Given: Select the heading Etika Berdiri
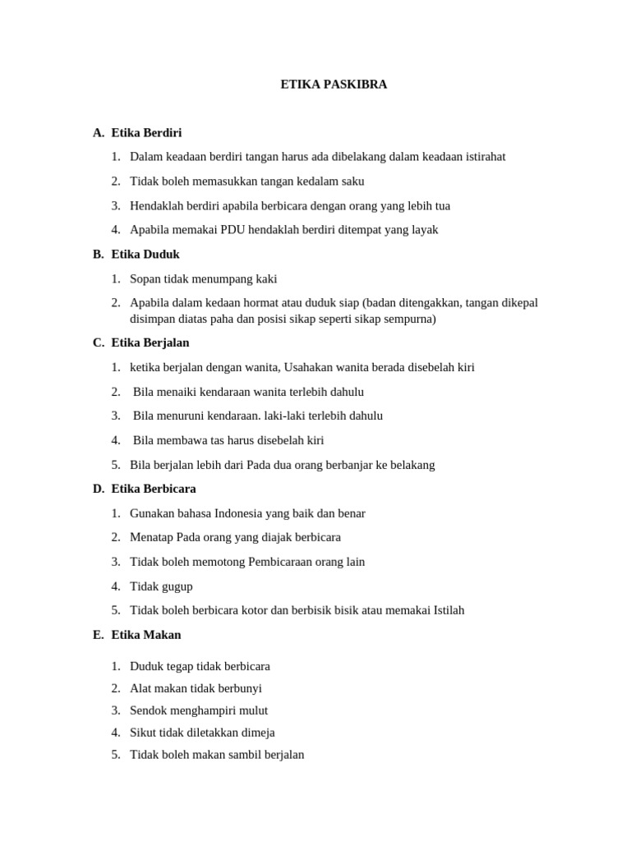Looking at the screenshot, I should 146,132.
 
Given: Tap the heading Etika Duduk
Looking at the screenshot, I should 145,254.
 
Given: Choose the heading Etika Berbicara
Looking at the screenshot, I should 154,489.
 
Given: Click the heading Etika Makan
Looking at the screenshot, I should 146,635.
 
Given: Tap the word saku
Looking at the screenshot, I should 352,182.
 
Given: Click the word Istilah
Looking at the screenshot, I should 443,610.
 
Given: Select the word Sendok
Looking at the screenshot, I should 148,710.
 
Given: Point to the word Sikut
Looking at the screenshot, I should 144,733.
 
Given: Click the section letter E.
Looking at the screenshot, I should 98,635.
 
